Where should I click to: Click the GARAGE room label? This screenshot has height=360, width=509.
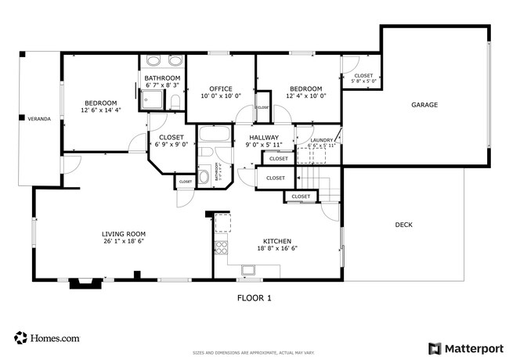(424, 105)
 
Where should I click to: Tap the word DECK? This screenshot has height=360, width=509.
(403, 225)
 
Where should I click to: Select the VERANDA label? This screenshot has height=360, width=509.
(39, 119)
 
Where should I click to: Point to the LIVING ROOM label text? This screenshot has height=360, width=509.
(124, 234)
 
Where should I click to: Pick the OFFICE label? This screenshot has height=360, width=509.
(220, 88)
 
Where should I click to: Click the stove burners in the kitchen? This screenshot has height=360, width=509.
(221, 247)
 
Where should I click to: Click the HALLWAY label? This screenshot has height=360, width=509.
(263, 137)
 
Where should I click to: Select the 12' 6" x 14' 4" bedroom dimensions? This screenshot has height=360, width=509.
(101, 110)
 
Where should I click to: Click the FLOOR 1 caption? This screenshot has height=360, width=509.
(254, 297)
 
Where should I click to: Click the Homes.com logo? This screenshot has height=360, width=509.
(47, 338)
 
